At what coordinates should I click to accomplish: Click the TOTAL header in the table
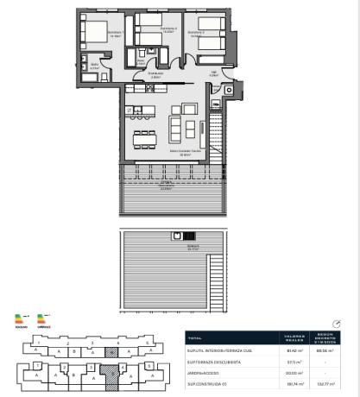[x=194, y=338]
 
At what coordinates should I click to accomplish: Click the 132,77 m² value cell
[x=326, y=384]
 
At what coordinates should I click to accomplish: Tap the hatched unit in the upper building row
[x=111, y=351]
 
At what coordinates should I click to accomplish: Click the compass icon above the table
[x=336, y=324]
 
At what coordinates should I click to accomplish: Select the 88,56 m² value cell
[x=326, y=351]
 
